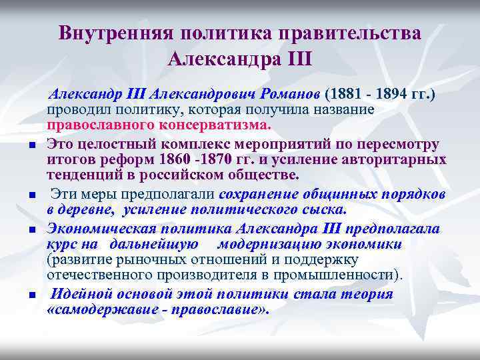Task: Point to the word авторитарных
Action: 400,160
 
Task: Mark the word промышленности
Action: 340,275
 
